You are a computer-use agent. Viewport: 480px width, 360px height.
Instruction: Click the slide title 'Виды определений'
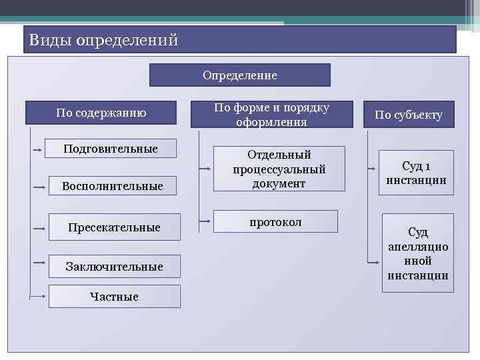(103, 40)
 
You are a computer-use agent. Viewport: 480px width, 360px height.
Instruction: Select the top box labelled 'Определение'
(239, 75)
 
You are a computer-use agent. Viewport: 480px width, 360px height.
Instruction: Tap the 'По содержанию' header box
(101, 113)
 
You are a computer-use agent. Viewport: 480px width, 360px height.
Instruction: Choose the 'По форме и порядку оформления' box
(271, 114)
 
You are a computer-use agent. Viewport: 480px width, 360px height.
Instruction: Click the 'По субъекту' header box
(408, 115)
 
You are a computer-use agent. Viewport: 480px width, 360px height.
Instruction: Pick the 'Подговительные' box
(110, 148)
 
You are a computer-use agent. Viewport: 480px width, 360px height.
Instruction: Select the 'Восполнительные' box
(112, 186)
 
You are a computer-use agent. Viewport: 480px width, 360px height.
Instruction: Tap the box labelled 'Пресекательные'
(114, 227)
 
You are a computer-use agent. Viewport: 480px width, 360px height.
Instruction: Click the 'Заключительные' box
(114, 267)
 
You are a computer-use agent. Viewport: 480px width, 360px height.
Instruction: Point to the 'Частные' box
(114, 297)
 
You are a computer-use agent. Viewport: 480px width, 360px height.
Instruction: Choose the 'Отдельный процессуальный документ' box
(279, 169)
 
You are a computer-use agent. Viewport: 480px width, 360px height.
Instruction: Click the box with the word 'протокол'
(275, 222)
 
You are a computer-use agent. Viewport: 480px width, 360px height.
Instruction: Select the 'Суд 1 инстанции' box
(416, 173)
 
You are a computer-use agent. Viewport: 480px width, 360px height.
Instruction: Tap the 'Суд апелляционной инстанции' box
(417, 253)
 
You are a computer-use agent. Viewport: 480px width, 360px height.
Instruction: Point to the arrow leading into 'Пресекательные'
(39, 228)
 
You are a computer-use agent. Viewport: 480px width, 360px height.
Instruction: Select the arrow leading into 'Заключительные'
(39, 265)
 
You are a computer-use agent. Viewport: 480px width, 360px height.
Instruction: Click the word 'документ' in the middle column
(279, 183)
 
